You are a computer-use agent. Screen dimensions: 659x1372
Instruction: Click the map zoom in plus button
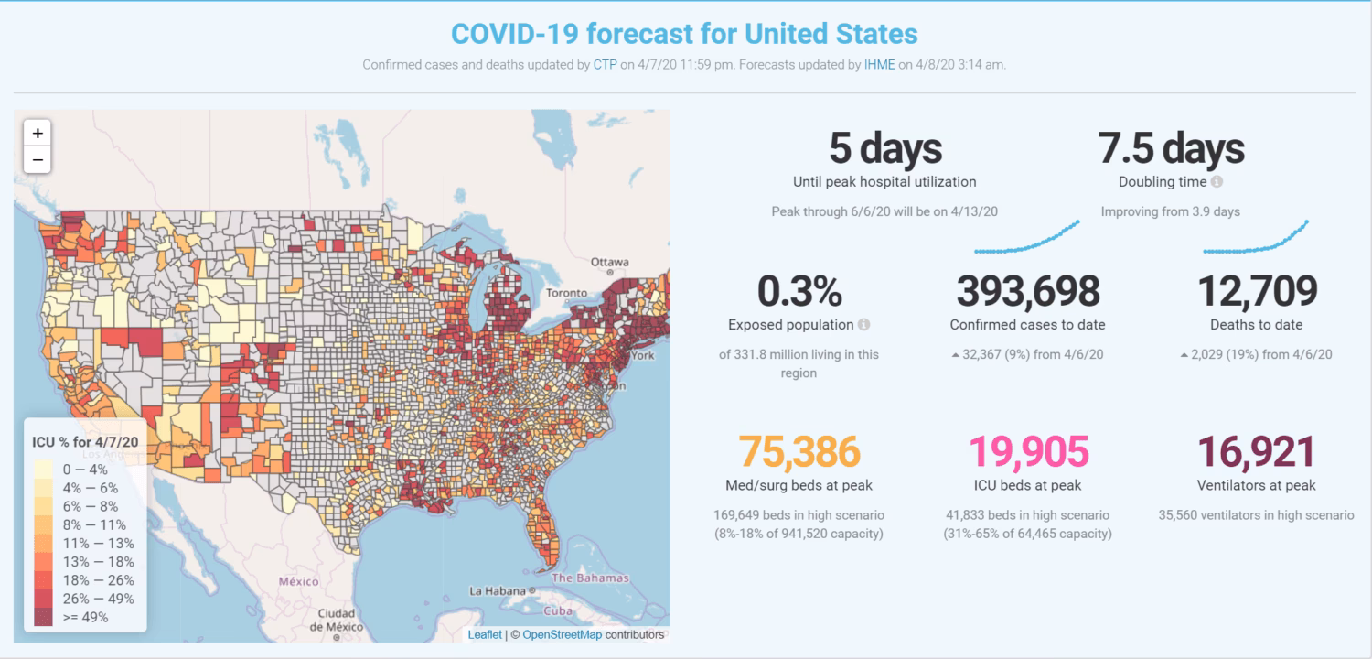[38, 134]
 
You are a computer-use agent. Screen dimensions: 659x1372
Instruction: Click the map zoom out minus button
[38, 159]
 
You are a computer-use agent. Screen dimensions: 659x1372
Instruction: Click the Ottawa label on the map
[609, 262]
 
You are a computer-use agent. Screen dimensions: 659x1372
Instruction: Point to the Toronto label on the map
[566, 294]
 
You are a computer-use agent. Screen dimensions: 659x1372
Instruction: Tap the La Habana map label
[498, 591]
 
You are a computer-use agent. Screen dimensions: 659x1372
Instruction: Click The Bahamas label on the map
[590, 578]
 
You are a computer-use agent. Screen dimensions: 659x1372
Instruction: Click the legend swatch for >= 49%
[43, 618]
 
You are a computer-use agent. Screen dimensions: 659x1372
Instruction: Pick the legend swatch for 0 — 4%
[43, 470]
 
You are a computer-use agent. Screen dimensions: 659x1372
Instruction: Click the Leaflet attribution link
[485, 634]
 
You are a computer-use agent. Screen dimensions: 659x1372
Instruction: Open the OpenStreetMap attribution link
[562, 634]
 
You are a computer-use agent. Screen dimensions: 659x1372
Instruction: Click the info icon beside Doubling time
[1217, 182]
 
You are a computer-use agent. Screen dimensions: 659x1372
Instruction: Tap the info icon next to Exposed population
[863, 325]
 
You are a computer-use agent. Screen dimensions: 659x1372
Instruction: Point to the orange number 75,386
[799, 452]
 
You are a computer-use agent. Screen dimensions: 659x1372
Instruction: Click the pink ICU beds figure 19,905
[1028, 452]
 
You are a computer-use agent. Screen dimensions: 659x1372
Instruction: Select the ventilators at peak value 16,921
[1256, 452]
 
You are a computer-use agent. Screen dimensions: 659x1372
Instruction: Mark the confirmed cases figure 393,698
[1027, 292]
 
